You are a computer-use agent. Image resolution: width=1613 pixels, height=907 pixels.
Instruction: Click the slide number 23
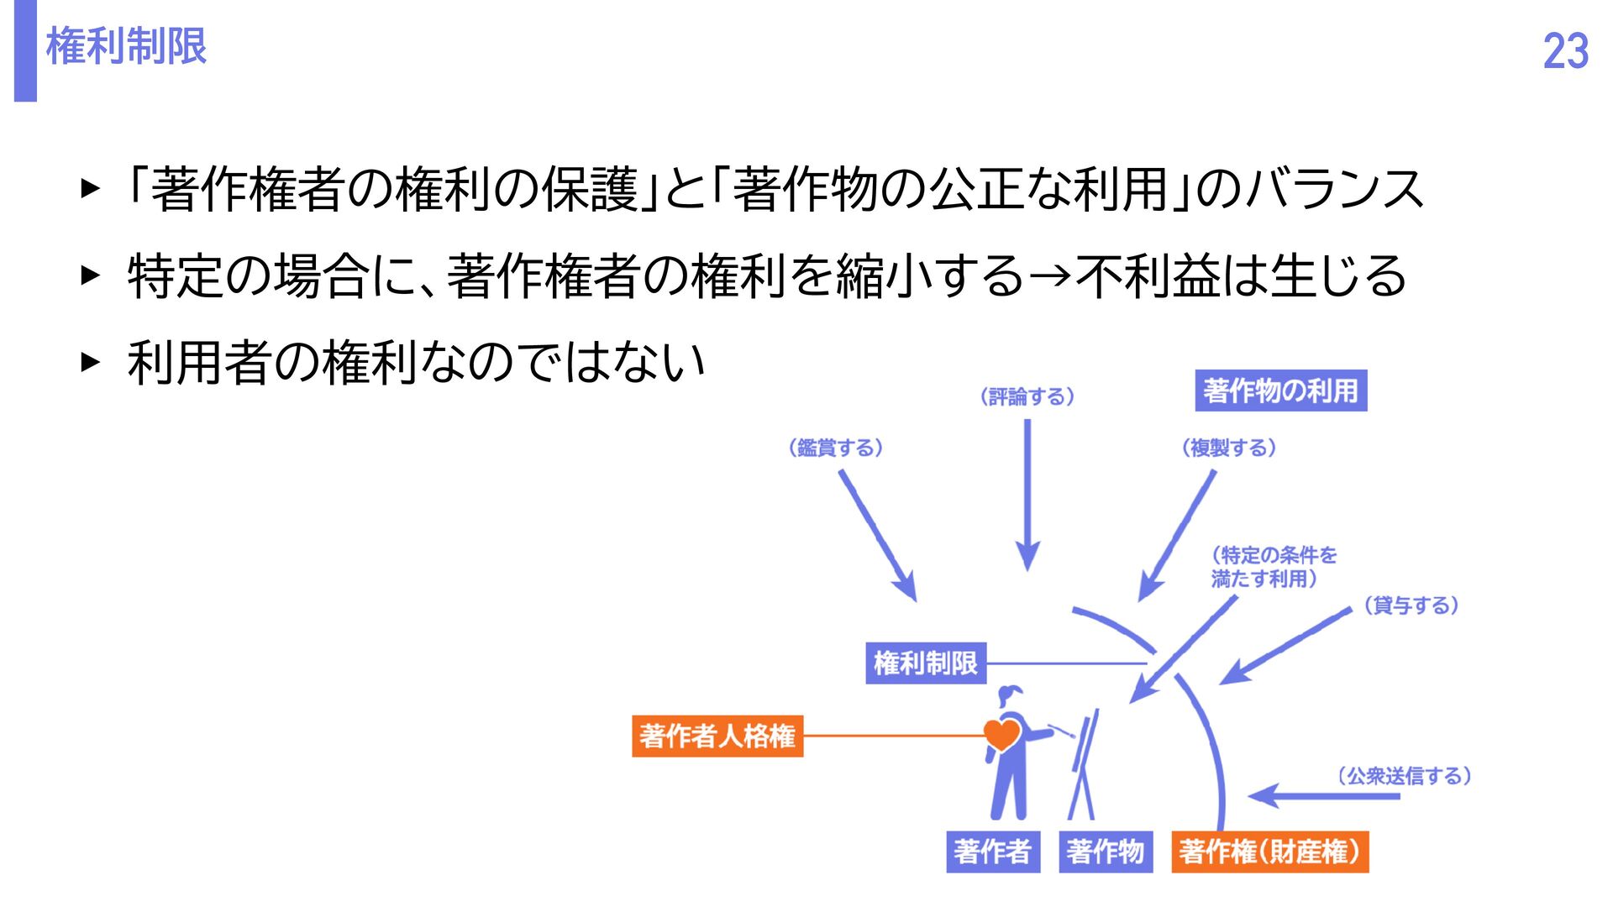click(1565, 51)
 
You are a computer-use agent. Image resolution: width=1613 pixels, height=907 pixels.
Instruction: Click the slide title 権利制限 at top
click(126, 46)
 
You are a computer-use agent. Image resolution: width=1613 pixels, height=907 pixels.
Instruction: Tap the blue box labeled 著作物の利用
click(1280, 391)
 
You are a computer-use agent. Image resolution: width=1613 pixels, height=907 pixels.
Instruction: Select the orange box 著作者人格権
click(717, 736)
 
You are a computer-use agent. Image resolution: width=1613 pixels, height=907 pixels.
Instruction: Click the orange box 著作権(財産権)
click(1269, 852)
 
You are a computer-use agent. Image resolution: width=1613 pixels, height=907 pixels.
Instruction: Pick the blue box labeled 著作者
click(992, 852)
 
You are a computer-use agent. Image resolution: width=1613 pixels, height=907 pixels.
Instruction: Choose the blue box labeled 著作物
click(1105, 852)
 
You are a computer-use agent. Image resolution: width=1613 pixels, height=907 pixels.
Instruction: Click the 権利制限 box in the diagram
click(925, 663)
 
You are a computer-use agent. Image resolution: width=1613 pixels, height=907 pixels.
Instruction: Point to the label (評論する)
click(1027, 396)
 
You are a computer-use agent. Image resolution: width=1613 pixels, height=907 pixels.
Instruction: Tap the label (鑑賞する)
click(835, 448)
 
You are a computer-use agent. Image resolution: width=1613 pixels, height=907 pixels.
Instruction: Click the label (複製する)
click(1228, 448)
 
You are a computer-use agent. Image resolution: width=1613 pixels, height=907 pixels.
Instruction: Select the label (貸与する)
click(1411, 606)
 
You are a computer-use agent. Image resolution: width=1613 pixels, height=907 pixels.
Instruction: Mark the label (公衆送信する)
click(1404, 776)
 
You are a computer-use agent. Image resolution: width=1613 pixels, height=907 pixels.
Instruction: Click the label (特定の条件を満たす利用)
click(1273, 567)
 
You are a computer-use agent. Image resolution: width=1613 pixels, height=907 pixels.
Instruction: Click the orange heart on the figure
click(1001, 734)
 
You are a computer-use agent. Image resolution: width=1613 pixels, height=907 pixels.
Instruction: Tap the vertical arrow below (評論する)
click(1027, 495)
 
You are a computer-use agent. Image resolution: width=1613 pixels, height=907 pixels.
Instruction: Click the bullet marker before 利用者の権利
click(90, 362)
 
